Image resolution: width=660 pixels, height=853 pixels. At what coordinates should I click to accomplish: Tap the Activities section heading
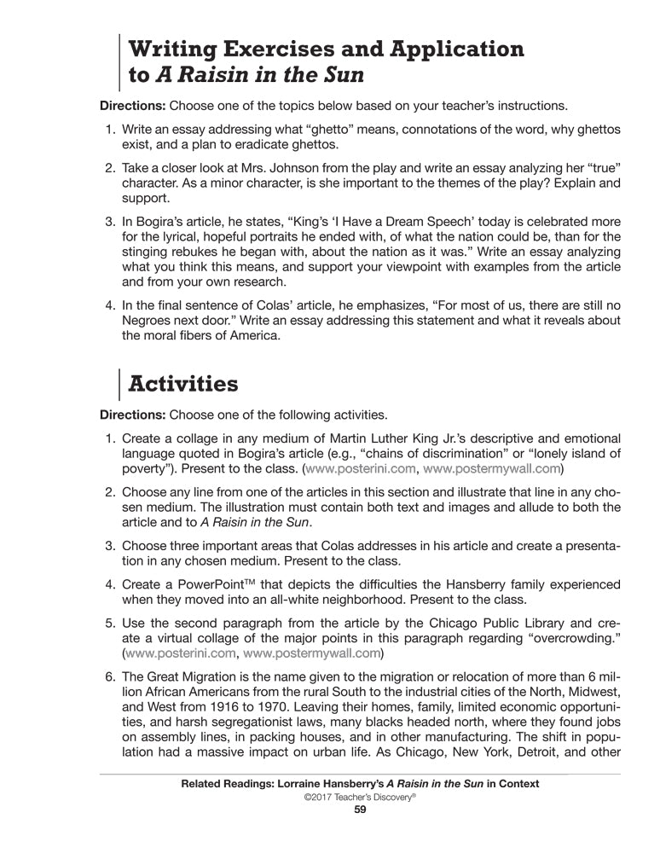click(x=182, y=384)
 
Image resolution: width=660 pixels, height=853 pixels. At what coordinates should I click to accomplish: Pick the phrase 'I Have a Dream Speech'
click(x=359, y=222)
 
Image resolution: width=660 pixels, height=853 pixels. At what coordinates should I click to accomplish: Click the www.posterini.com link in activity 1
click(x=361, y=469)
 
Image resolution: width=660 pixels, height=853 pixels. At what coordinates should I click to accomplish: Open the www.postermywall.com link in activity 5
click(x=312, y=654)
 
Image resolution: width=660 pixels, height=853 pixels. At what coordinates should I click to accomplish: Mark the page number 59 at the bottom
click(x=359, y=809)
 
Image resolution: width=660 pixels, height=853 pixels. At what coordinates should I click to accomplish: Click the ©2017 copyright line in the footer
click(x=359, y=796)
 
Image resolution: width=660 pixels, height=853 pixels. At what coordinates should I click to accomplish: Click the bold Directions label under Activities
click(x=133, y=415)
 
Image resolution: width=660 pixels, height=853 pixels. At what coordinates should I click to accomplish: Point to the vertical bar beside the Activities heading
click(x=119, y=384)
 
